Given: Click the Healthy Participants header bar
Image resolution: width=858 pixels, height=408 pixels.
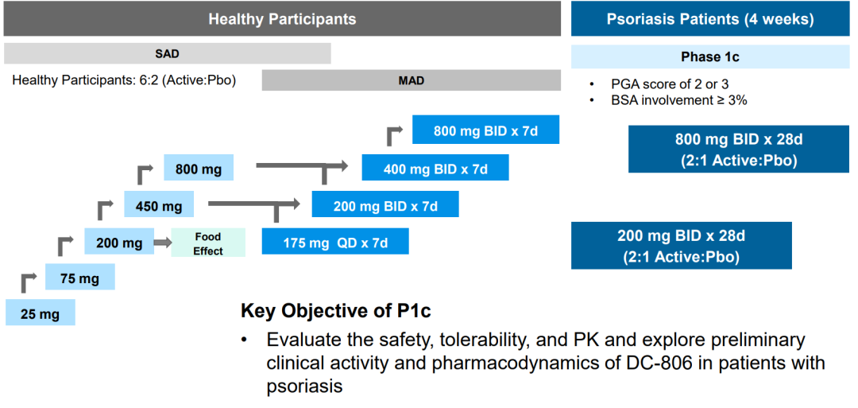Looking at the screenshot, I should pos(282,19).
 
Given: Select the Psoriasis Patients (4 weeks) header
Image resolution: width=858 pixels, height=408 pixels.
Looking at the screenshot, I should pos(710,19).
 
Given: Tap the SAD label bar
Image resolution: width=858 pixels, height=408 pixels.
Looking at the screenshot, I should pos(167,54).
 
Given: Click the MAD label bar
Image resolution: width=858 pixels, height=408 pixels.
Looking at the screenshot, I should pos(411,80).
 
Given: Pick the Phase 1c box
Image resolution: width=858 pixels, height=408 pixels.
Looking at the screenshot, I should pos(710,56).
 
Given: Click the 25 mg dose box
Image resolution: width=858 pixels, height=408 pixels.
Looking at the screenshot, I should pos(40,313).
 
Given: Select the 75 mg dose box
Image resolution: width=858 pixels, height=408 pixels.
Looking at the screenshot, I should pos(79,278).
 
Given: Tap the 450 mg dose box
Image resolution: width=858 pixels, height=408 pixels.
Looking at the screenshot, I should pos(159,206).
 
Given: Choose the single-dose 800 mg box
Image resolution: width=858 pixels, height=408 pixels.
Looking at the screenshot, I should pos(199,168).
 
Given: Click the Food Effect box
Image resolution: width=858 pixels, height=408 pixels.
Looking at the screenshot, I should pos(208,243).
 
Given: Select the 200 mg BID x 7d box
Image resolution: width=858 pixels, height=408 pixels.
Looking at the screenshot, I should pos(385,206).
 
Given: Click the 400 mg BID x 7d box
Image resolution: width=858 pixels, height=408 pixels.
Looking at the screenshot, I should pos(435,169).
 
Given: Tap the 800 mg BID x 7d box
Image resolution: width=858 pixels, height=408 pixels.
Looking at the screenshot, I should pos(485,130).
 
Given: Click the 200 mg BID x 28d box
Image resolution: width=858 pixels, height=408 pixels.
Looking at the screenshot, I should pos(682,246).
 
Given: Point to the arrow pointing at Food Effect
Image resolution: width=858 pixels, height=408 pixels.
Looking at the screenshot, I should pos(162,243).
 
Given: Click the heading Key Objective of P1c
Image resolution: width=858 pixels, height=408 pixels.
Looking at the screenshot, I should pos(336,310).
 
